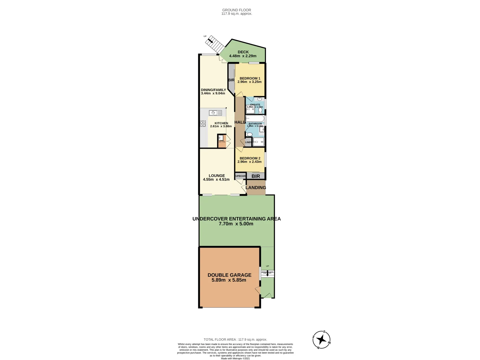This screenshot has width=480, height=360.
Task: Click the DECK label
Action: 243,52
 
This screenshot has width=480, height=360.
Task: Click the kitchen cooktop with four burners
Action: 203,124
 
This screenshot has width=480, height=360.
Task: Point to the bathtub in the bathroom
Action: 255,119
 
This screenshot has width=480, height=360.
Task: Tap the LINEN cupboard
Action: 248,142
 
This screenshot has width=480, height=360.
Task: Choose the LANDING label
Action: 256,188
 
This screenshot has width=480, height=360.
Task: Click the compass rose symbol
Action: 322,340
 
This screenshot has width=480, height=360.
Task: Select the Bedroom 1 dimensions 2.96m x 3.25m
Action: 249,82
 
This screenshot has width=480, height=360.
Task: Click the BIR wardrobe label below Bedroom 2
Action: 256,176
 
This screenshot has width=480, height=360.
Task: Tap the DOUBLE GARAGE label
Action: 229,275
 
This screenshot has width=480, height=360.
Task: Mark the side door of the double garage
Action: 258,290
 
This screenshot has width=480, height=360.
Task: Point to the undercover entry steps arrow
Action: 267,274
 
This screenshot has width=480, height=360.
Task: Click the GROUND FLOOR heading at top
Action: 237,10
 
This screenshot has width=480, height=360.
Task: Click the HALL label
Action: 240,122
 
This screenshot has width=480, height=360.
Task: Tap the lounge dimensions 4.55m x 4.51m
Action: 216,179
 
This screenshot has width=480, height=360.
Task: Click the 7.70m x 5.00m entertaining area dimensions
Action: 236,224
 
